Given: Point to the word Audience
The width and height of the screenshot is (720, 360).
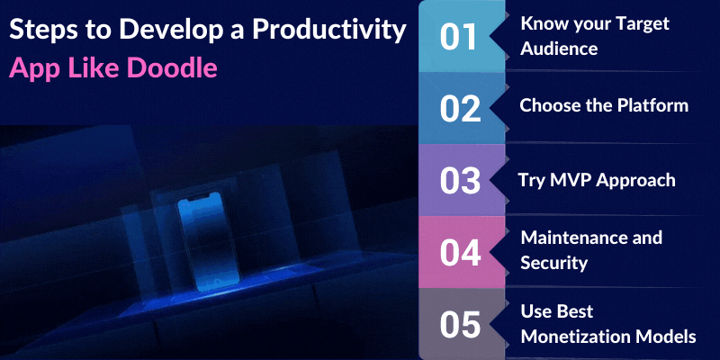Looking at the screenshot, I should [x=559, y=49].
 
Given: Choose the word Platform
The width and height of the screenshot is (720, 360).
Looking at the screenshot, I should [x=649, y=105].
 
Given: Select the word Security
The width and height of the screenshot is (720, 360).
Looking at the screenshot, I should [x=554, y=263].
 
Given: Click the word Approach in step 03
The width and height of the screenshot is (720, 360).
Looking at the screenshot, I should [x=635, y=179].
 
